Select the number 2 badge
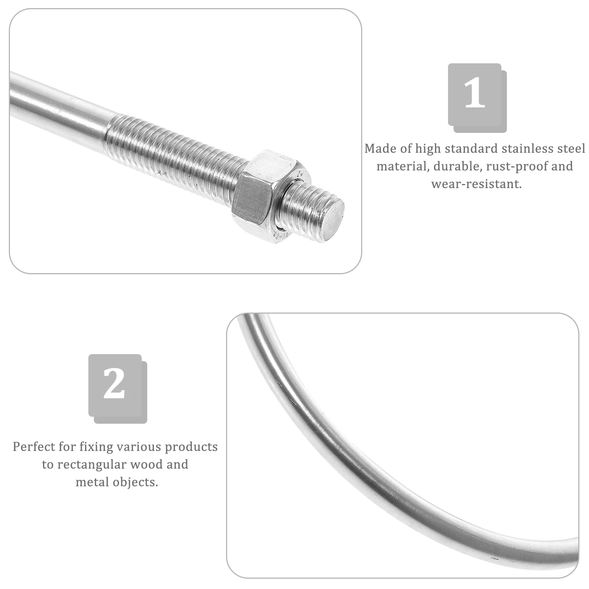coord(115,385)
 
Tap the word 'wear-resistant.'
coord(476,184)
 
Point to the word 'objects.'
coord(135,482)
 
